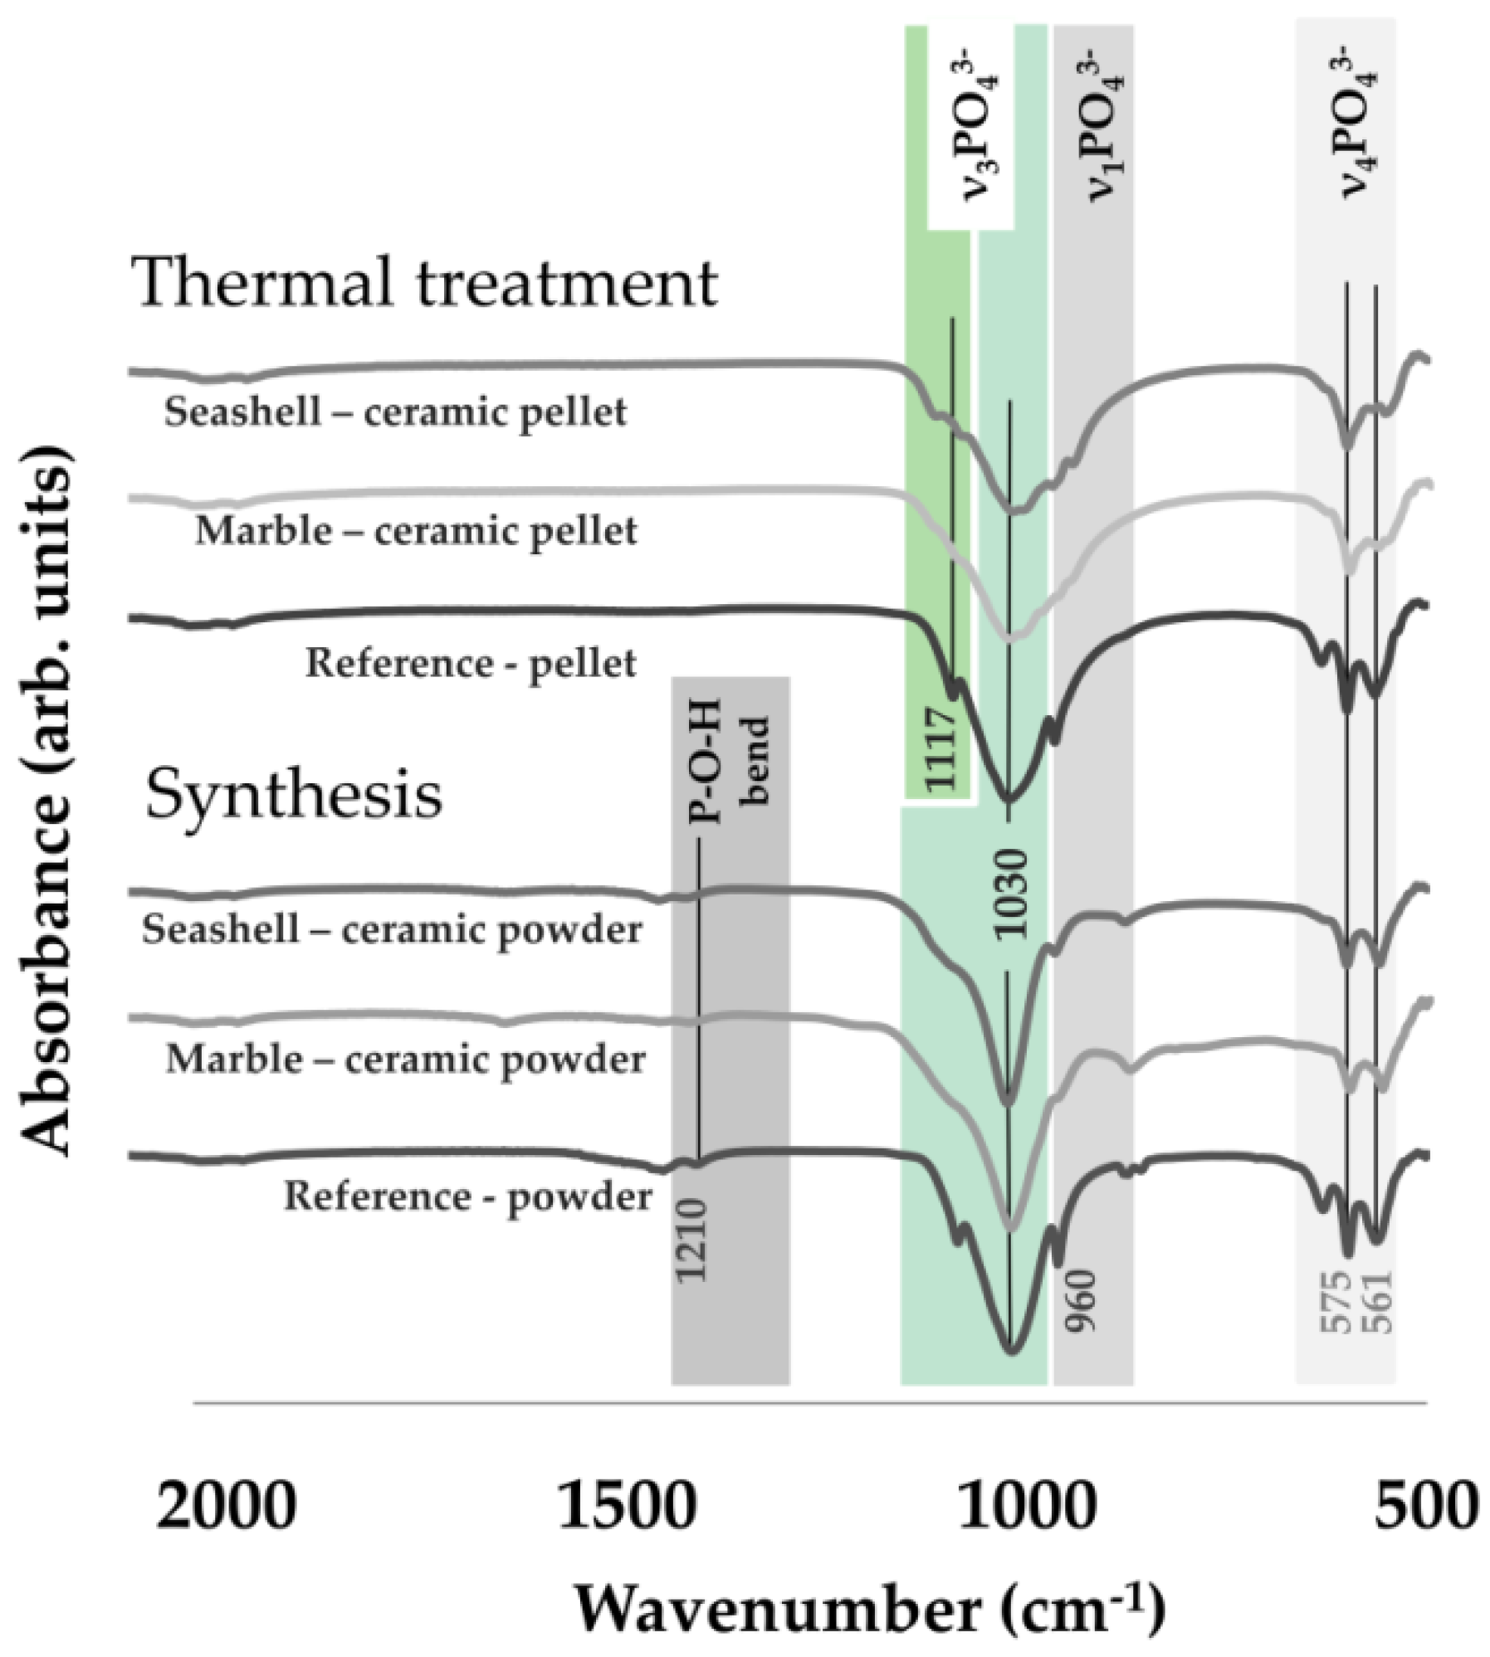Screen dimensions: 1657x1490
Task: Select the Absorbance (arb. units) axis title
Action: [46, 801]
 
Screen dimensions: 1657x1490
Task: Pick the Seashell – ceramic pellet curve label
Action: [395, 412]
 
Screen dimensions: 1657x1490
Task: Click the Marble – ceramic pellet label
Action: [416, 531]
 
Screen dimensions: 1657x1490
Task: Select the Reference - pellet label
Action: [471, 664]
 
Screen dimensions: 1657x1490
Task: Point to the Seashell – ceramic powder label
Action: [392, 929]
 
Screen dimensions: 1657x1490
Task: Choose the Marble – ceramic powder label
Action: [406, 1060]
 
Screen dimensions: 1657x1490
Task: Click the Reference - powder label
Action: [467, 1196]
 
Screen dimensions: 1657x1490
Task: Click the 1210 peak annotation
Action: [691, 1240]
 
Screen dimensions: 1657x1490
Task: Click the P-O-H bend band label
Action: [729, 761]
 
